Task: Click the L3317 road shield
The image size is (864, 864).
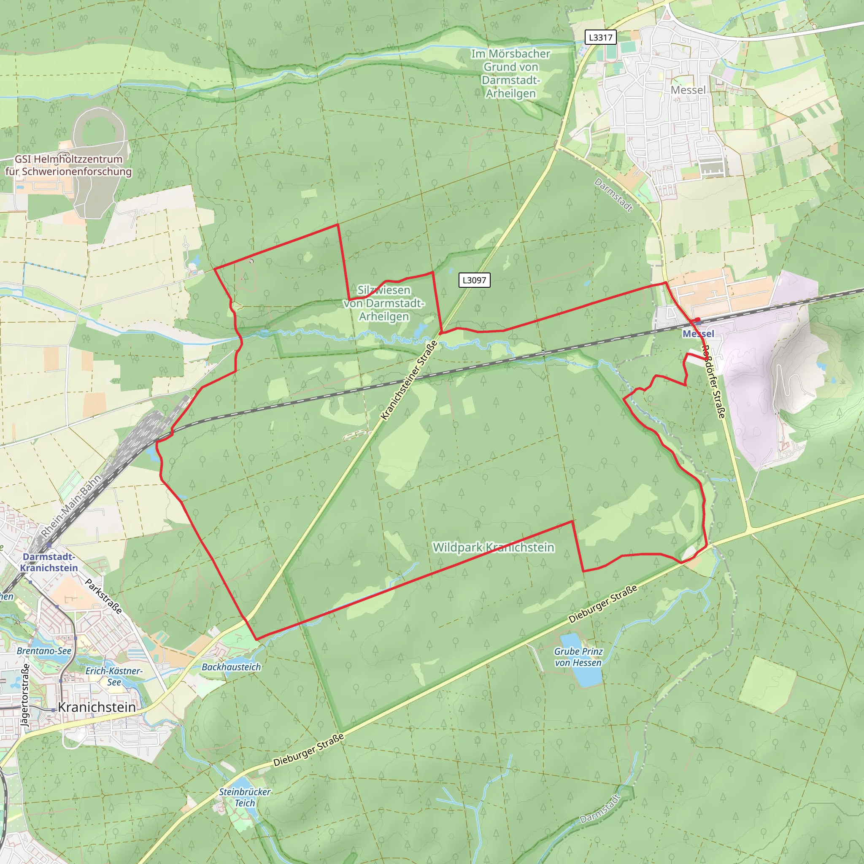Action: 600,37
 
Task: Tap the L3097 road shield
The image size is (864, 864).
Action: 474,281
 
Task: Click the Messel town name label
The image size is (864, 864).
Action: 688,90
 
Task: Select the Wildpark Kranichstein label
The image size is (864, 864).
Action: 493,547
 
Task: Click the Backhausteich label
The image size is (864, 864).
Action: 231,667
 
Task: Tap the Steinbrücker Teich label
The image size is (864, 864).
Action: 245,797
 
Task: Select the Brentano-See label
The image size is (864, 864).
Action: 44,651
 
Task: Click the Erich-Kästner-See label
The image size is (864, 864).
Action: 114,676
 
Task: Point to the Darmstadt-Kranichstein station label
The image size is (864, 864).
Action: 49,562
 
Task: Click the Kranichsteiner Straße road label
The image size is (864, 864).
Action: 409,381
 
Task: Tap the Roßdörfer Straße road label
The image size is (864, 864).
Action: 713,381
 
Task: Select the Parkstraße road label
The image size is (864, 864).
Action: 103,596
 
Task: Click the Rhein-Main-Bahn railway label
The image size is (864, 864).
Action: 72,506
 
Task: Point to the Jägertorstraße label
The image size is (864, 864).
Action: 25,696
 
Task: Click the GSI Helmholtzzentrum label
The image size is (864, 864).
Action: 68,165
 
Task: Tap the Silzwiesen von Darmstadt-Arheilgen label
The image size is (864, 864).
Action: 384,303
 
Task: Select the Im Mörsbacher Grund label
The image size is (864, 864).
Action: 511,73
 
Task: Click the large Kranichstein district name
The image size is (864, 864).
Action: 97,707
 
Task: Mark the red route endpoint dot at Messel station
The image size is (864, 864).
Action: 698,320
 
